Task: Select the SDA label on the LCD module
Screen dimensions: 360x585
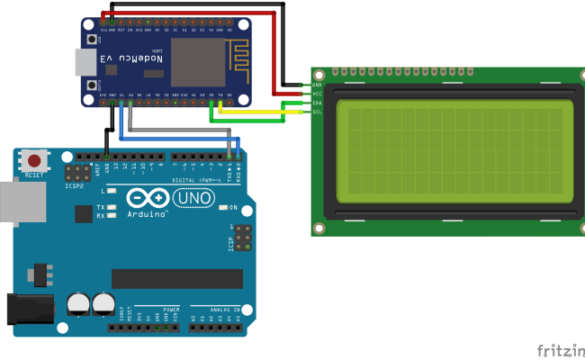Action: click(x=317, y=103)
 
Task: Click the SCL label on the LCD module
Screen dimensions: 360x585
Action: click(x=317, y=112)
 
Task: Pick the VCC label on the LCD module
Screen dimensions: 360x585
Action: click(x=317, y=94)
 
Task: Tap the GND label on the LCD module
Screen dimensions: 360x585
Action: click(x=317, y=85)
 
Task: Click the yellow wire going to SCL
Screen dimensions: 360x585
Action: click(x=261, y=112)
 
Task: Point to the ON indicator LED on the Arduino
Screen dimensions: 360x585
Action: click(x=224, y=207)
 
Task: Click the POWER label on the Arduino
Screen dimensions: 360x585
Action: click(x=172, y=309)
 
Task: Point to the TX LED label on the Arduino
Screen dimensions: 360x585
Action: click(x=101, y=207)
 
